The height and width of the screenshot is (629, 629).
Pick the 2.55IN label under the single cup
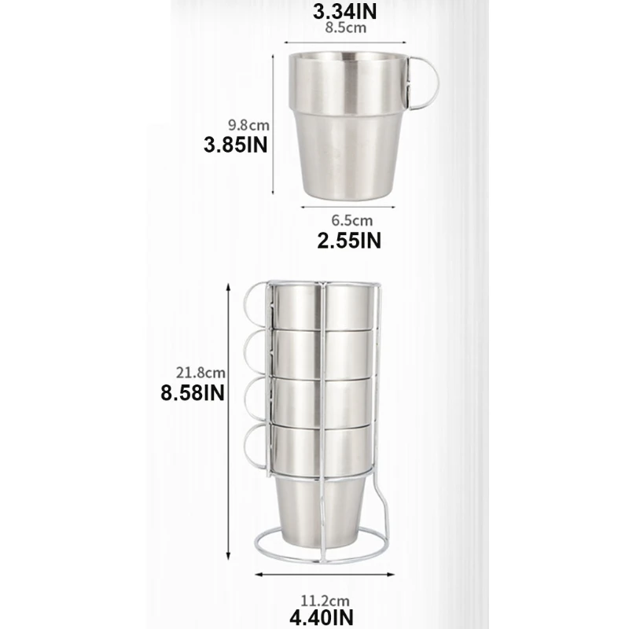(349, 241)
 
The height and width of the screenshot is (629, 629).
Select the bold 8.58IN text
(193, 393)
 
